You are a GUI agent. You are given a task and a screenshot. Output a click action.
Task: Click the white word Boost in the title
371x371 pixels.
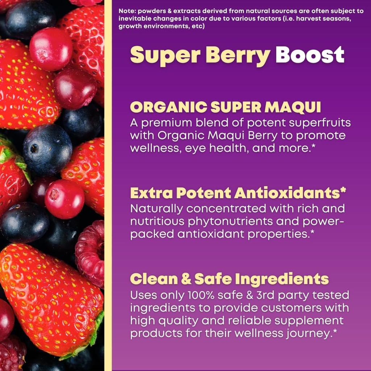[309, 55]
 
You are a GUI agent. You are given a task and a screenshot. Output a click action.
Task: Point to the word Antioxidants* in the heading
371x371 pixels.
[290, 193]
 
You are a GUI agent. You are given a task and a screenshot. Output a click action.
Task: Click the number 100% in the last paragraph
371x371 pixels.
[200, 295]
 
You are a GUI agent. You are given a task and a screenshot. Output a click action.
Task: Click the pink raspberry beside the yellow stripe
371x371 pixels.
[91, 254]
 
